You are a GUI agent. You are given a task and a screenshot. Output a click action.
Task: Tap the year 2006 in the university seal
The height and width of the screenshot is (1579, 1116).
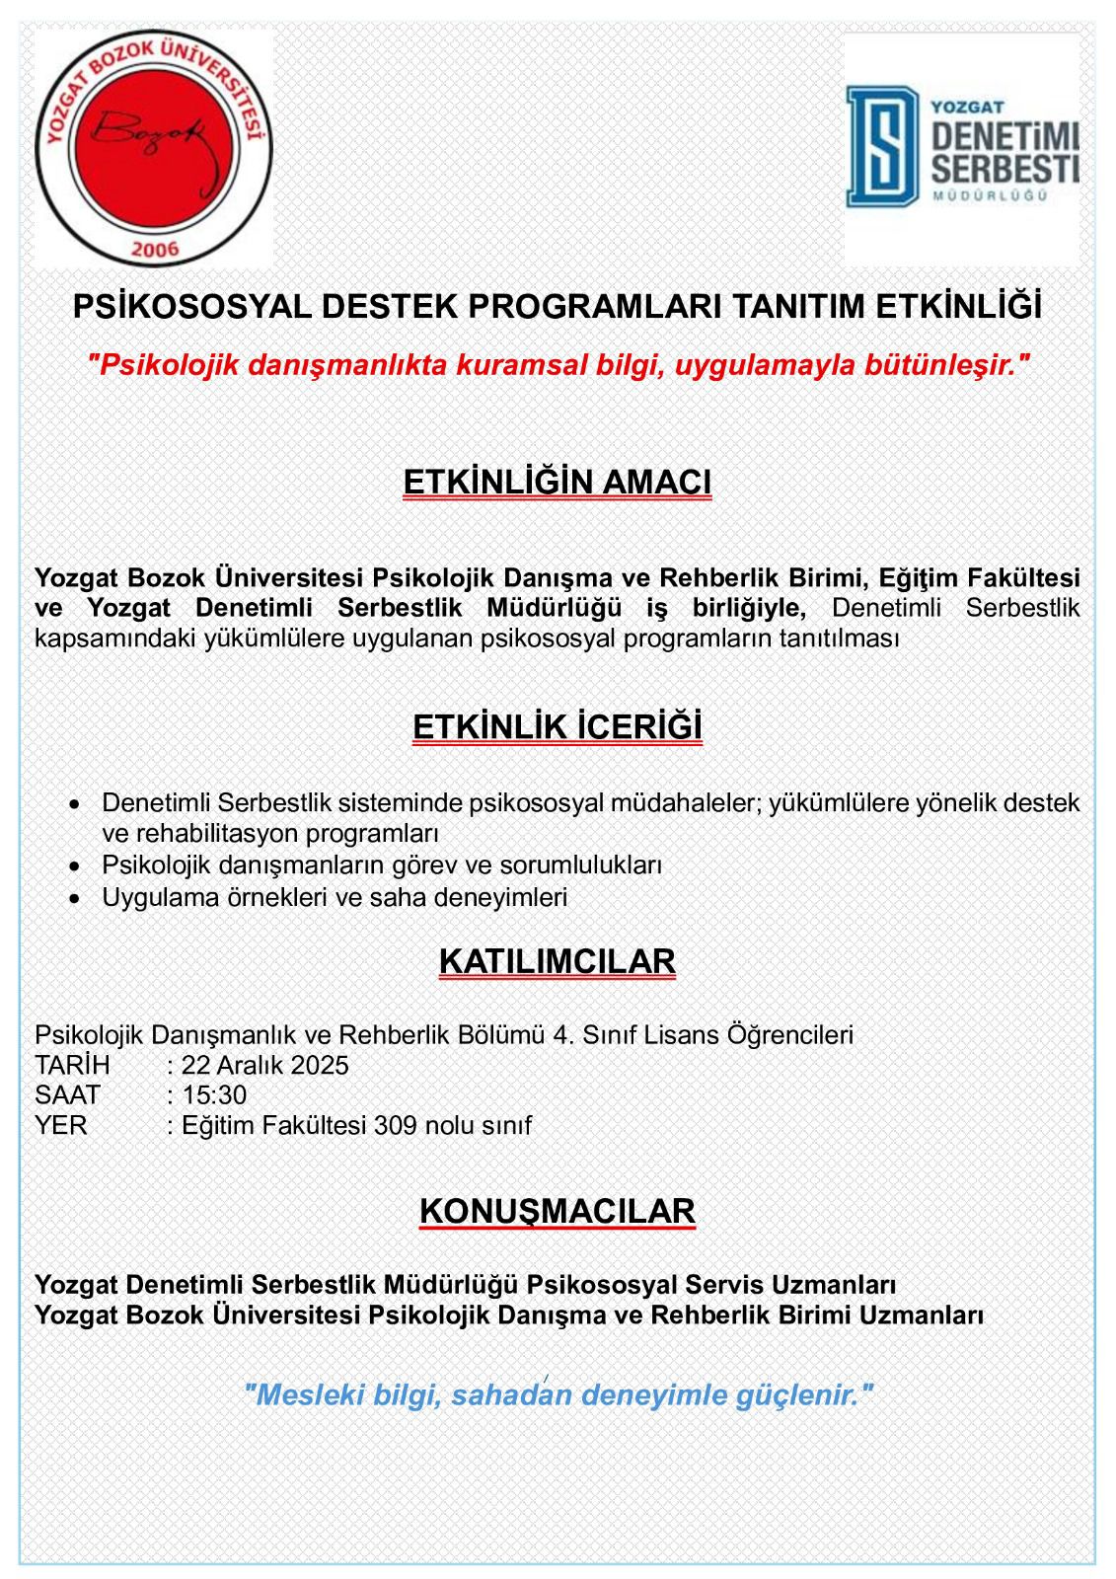(154, 248)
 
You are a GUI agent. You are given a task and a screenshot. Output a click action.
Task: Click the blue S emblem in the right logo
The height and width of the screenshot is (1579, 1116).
(881, 146)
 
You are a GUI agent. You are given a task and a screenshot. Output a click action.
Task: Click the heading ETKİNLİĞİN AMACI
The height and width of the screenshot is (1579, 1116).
(558, 482)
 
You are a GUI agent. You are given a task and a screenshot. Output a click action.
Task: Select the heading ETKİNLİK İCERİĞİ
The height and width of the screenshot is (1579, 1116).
(558, 726)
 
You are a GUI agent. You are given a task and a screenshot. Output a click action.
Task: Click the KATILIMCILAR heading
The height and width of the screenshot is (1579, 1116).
(558, 961)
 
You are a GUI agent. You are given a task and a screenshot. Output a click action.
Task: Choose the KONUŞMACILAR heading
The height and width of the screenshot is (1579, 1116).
(558, 1211)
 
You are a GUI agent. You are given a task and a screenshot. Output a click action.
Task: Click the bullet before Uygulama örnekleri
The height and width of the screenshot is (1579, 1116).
(75, 898)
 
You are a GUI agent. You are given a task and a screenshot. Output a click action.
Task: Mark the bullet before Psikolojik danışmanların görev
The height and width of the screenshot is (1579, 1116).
(75, 865)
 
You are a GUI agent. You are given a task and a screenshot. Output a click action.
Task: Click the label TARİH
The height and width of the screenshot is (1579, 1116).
(72, 1065)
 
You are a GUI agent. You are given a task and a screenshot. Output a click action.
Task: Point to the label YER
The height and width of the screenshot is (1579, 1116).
(60, 1125)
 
